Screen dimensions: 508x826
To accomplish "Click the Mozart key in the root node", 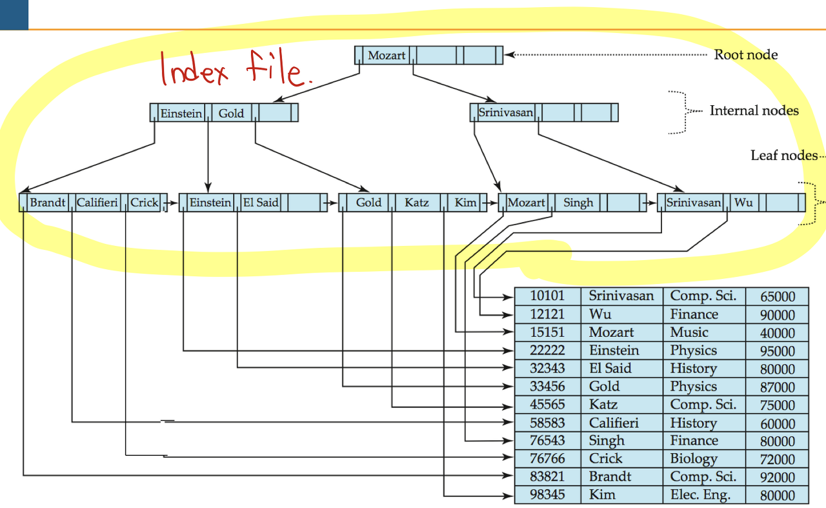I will tap(387, 56).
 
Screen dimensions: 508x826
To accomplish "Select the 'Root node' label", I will tap(745, 55).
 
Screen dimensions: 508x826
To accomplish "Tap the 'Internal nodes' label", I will tap(754, 111).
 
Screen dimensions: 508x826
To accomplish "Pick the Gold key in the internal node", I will tap(231, 114).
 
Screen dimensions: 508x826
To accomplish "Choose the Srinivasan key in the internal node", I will tap(506, 113).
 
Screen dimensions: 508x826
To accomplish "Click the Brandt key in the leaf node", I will tap(48, 203).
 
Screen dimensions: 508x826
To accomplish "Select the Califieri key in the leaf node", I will tap(97, 203).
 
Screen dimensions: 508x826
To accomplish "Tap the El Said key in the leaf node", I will tap(260, 203).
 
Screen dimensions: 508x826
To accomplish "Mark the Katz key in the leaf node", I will tap(417, 203).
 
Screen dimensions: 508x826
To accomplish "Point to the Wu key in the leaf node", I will tap(743, 203).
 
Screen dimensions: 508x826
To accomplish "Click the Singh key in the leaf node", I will tap(578, 203).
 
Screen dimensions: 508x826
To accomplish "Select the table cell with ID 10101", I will tap(547, 296).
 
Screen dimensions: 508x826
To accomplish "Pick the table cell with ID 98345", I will tap(547, 495).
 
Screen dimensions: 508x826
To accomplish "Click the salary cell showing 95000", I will tap(778, 351).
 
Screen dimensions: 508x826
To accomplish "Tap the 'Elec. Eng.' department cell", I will tap(700, 495).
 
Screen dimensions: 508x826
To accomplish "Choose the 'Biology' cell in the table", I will tap(694, 459).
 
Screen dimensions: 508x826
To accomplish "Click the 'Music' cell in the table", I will tap(689, 332).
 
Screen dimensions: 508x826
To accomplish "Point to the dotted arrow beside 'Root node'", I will tap(607, 55).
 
